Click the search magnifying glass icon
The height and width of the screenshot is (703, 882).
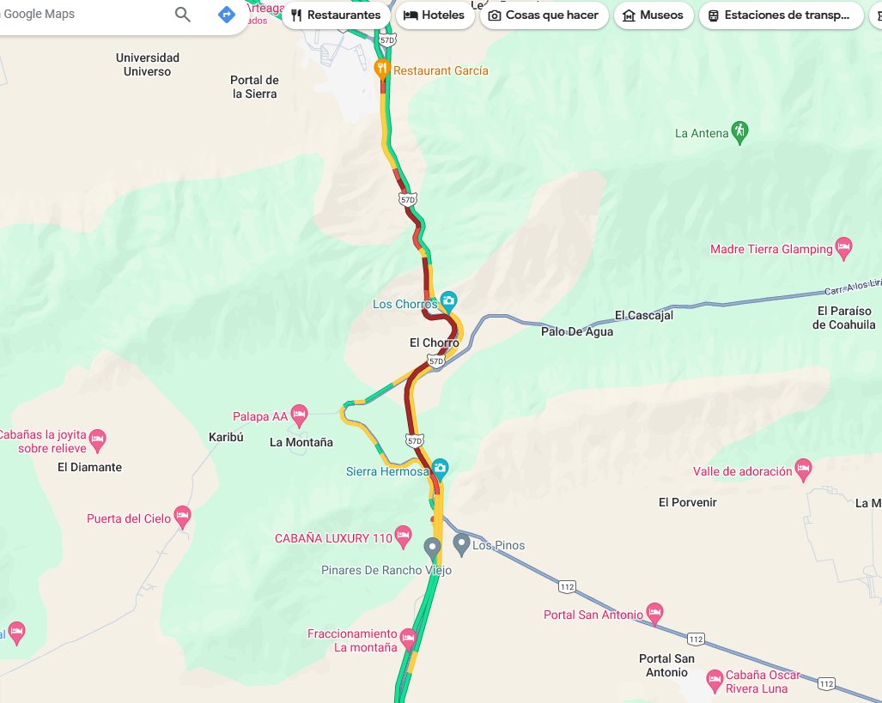pos(183,15)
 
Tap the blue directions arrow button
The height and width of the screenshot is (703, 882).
pos(226,15)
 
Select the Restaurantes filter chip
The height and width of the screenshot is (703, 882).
pos(335,15)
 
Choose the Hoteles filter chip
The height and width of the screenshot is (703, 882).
pos(435,15)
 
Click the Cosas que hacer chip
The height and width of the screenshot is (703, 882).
pos(544,15)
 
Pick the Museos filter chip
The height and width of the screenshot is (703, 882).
pos(653,15)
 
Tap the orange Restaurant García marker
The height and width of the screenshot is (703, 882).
pos(383,70)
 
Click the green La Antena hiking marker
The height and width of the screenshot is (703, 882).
pos(739,131)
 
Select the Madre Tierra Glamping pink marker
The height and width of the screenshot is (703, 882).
pos(843,248)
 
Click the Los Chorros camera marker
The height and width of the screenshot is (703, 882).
pos(448,302)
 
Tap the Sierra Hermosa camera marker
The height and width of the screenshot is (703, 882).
pos(440,469)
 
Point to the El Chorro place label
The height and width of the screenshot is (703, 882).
pos(434,343)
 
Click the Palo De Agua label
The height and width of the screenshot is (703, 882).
pos(577,331)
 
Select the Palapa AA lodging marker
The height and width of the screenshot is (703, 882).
pos(299,415)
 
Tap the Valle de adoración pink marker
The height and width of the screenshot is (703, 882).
pos(803,470)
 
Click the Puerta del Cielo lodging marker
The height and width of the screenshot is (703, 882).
pos(181,517)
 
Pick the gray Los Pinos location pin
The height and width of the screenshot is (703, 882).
pos(462,543)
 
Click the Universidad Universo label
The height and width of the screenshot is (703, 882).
pos(147,64)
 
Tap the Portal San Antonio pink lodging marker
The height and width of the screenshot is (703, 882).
pos(654,613)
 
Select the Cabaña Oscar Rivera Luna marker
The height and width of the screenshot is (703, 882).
pos(714,681)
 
